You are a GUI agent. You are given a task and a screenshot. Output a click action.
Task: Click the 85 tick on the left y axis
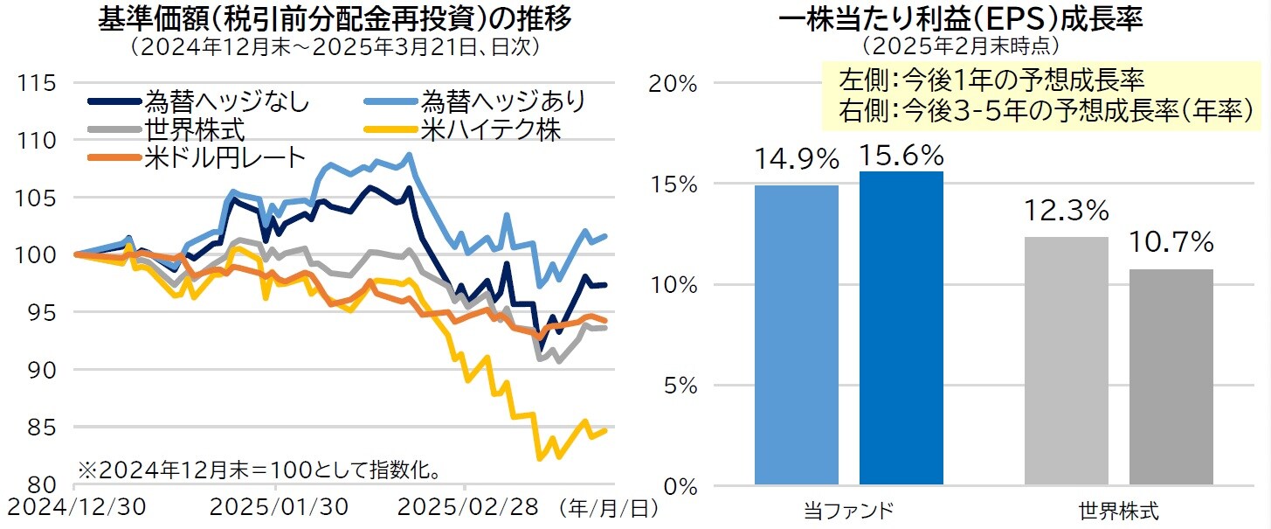coord(44,428)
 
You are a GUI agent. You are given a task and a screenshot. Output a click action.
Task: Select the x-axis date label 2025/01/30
coord(280,507)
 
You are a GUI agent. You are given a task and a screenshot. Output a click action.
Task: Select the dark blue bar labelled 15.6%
coord(901,327)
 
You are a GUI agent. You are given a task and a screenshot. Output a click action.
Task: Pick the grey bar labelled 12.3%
coord(1067,360)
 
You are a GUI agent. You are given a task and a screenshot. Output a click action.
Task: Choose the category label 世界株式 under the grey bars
coord(1119,510)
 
